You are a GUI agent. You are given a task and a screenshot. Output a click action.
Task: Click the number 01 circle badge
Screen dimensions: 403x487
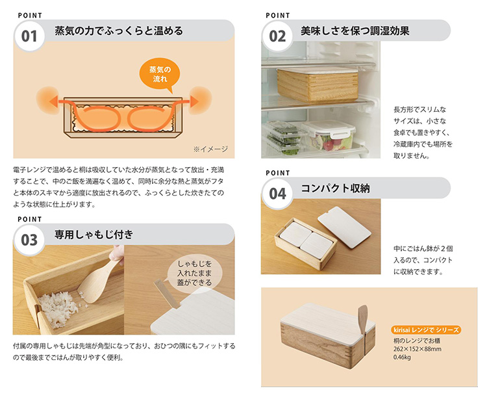coord(30,36)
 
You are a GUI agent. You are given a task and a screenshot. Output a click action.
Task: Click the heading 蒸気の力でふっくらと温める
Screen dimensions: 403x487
coord(119,31)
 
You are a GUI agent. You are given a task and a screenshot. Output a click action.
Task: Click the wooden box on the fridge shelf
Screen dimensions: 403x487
coord(318,84)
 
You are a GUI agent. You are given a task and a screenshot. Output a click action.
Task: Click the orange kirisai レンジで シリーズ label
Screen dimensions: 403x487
coord(426,330)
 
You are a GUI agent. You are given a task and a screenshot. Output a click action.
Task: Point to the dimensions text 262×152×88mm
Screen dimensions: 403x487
coord(417,349)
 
